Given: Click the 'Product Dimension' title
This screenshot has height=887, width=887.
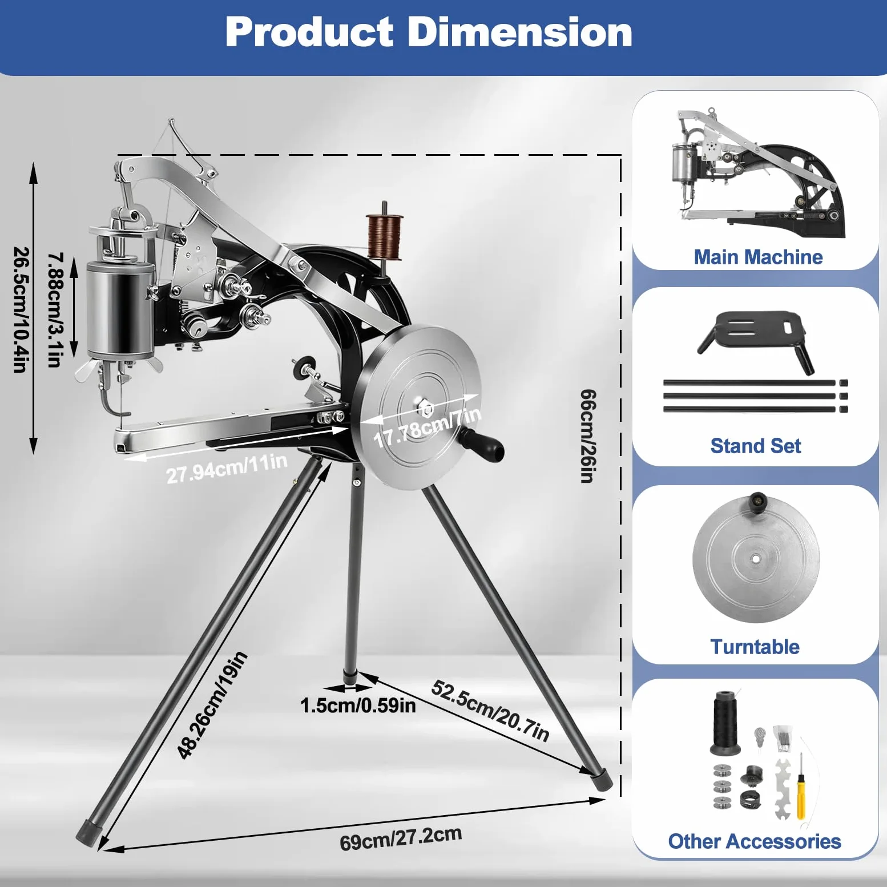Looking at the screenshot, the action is pyautogui.click(x=429, y=32).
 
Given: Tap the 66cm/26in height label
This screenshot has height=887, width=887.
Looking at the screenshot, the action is pyautogui.click(x=588, y=436).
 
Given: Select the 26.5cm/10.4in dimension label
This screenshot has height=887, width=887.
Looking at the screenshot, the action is pyautogui.click(x=21, y=310).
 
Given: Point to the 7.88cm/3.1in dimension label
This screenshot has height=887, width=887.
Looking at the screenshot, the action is pyautogui.click(x=55, y=310).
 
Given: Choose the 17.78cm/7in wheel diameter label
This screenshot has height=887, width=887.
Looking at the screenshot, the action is pyautogui.click(x=427, y=427).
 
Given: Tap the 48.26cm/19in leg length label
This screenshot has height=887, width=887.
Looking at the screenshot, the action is pyautogui.click(x=212, y=705).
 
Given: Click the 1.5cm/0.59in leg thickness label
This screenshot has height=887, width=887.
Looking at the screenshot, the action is pyautogui.click(x=358, y=705).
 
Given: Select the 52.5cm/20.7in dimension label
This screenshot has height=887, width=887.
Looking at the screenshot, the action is pyautogui.click(x=490, y=711).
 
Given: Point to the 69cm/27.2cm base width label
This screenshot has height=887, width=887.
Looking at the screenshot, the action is pyautogui.click(x=401, y=838).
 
